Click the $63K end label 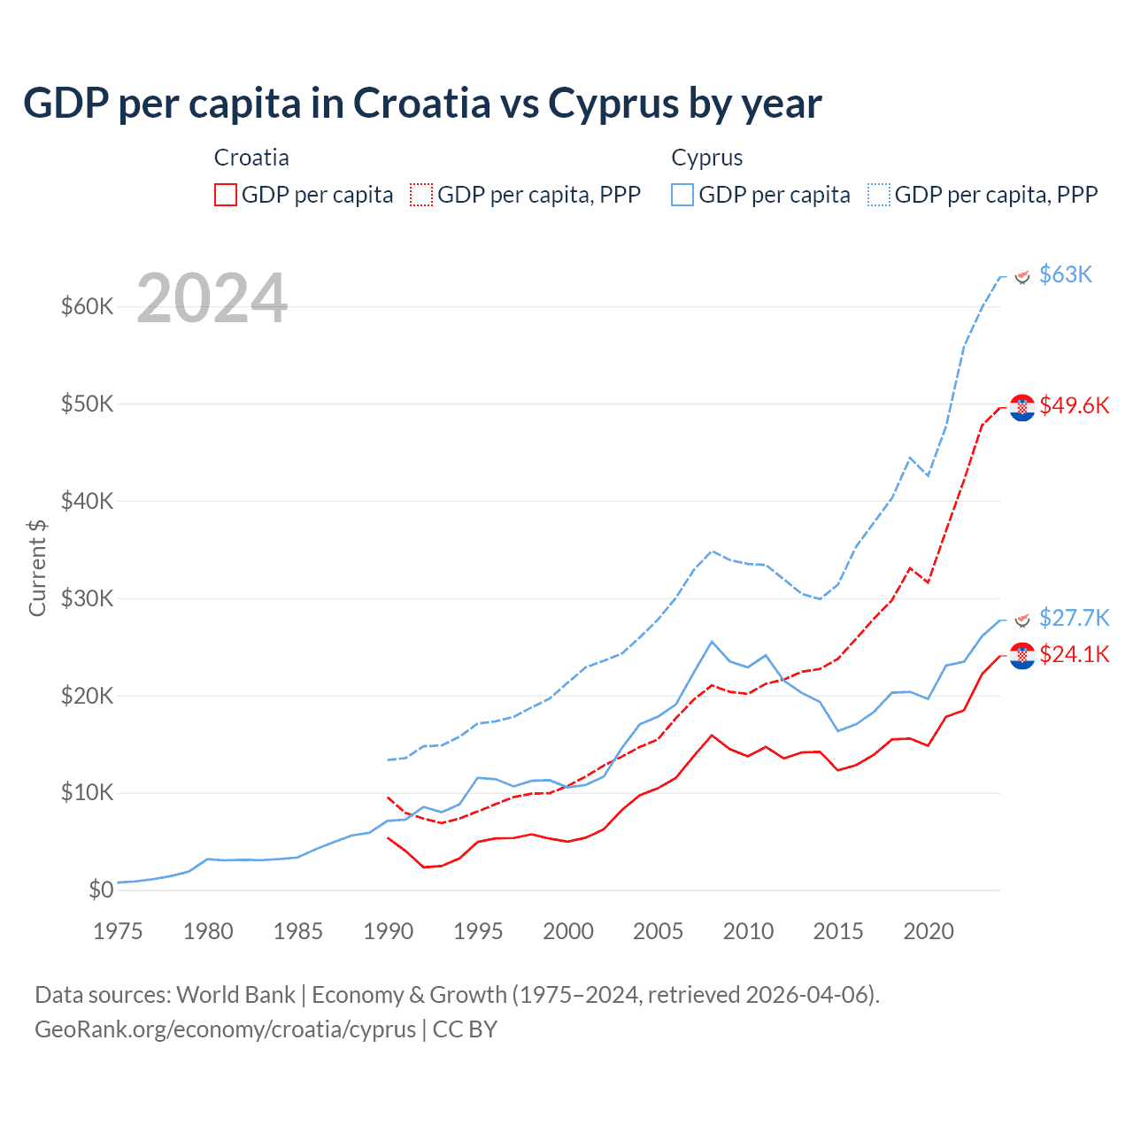1065,274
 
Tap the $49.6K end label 1074,405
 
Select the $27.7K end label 1074,617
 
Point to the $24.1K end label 1074,654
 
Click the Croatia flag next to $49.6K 1022,407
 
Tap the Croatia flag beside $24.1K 1022,656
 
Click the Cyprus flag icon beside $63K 1022,276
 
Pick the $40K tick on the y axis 87,501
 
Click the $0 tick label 101,890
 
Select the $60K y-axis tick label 87,306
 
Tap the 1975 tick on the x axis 118,931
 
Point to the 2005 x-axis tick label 659,931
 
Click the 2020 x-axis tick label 929,931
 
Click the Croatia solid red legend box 226,195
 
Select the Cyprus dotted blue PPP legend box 879,195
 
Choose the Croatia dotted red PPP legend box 421,195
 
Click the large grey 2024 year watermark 212,298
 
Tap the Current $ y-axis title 37,567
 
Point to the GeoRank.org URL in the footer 225,1029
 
